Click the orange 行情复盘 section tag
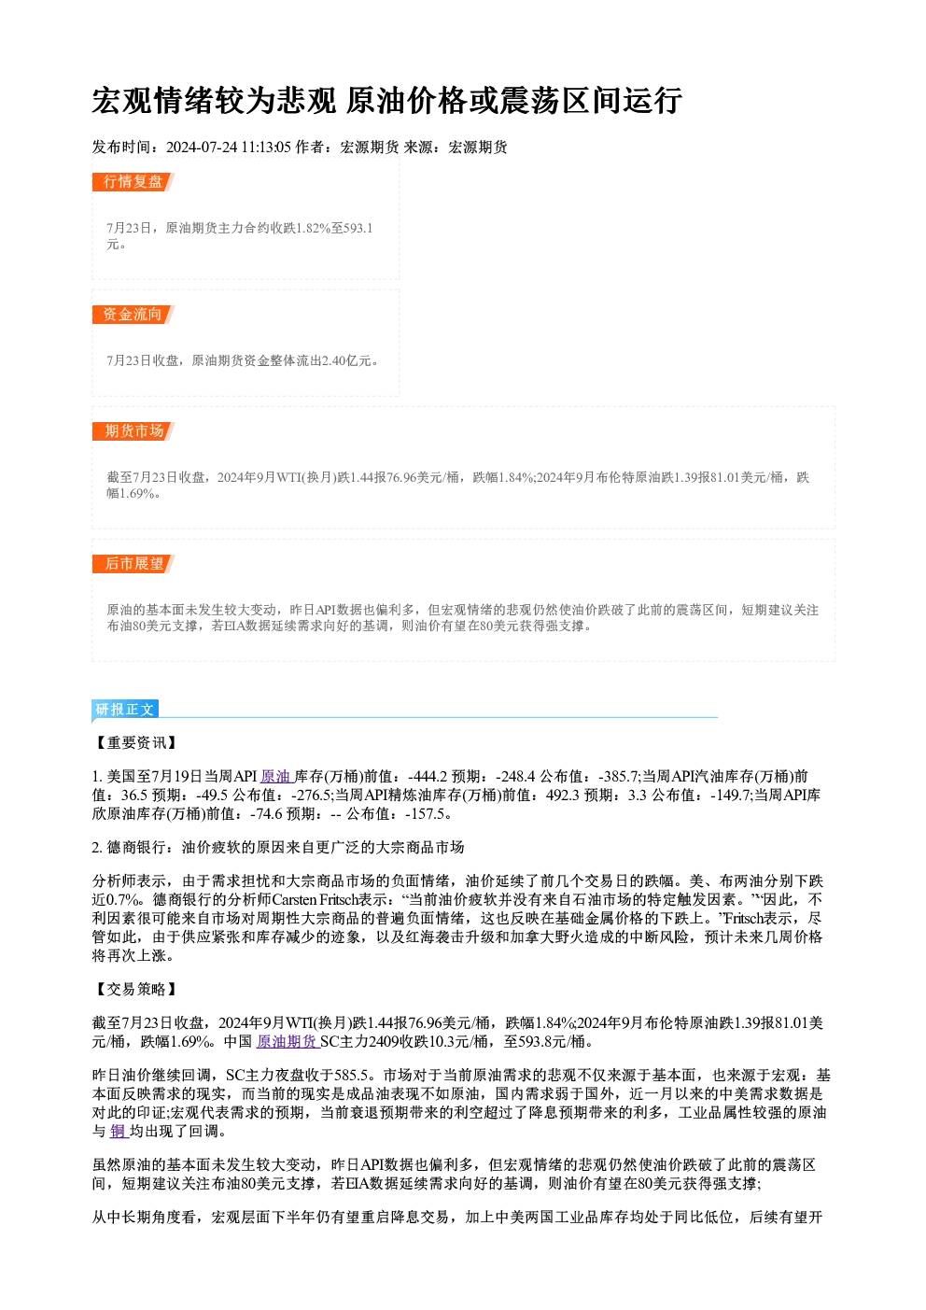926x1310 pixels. point(133,182)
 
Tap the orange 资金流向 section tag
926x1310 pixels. point(133,315)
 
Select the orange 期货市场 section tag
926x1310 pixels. point(133,431)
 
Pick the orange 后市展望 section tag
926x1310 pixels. point(133,564)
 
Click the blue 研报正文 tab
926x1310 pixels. point(125,709)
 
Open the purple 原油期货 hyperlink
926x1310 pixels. point(288,1042)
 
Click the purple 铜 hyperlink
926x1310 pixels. point(119,1131)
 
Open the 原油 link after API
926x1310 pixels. point(276,777)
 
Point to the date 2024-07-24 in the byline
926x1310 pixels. point(202,148)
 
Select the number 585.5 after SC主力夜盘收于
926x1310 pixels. point(351,1075)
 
